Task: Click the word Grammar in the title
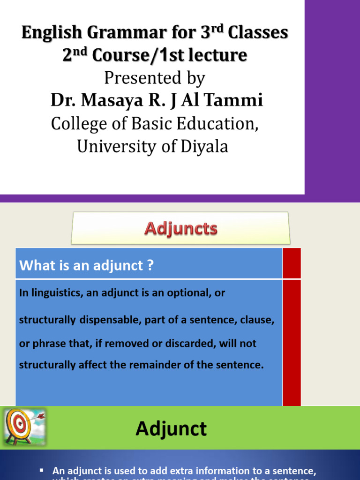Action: [114, 33]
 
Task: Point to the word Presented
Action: [142, 78]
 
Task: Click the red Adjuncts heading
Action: [180, 228]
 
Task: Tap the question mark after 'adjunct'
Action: [150, 265]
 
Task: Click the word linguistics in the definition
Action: [55, 293]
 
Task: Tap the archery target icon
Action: [18, 426]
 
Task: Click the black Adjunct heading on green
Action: [171, 429]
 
